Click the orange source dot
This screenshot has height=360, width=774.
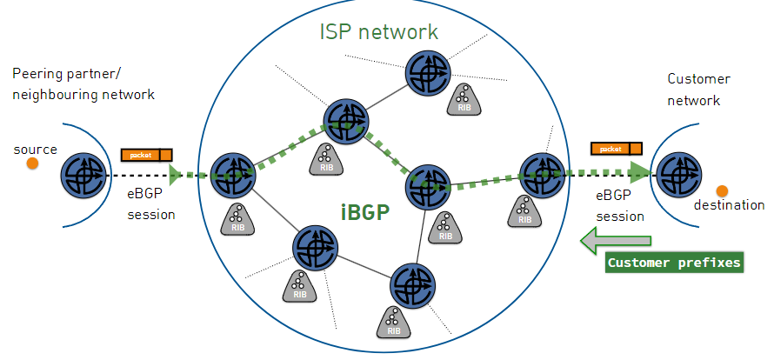coord(32,163)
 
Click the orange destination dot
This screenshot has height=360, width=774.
coord(722,190)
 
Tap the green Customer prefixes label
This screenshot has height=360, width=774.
coord(674,263)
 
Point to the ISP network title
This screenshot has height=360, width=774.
coord(378,33)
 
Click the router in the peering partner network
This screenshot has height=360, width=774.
coord(83,177)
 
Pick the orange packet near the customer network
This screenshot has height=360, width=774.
coord(616,149)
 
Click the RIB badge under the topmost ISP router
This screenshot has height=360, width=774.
coord(463,101)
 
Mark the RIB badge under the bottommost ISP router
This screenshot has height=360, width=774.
coord(393,322)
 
